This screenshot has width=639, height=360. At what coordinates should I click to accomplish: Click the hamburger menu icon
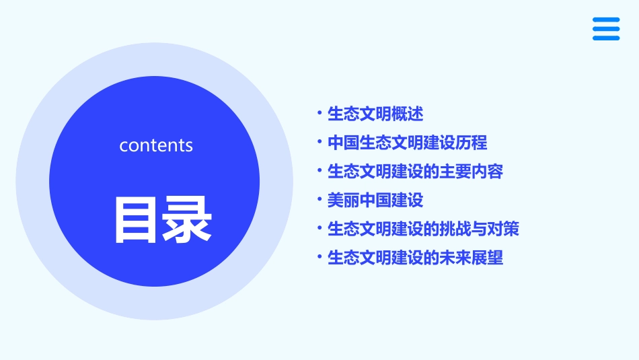606,29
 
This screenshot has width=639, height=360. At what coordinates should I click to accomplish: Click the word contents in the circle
156,145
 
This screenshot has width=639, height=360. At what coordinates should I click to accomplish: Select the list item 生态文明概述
375,114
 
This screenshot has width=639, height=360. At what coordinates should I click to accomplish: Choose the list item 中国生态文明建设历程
407,143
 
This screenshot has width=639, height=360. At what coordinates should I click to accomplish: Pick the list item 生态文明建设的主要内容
415,172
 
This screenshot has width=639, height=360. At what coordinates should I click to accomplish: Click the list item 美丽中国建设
375,201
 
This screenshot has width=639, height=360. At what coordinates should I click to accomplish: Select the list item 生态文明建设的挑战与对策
423,229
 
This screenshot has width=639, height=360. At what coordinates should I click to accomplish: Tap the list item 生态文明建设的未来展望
415,258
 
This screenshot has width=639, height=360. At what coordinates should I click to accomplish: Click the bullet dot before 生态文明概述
320,114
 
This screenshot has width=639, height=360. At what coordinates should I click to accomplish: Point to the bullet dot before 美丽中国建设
320,201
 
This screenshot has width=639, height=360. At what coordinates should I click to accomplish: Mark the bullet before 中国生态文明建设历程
320,143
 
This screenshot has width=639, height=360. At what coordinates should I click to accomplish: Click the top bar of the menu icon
606,20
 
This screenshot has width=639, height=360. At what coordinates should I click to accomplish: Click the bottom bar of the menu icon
606,38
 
